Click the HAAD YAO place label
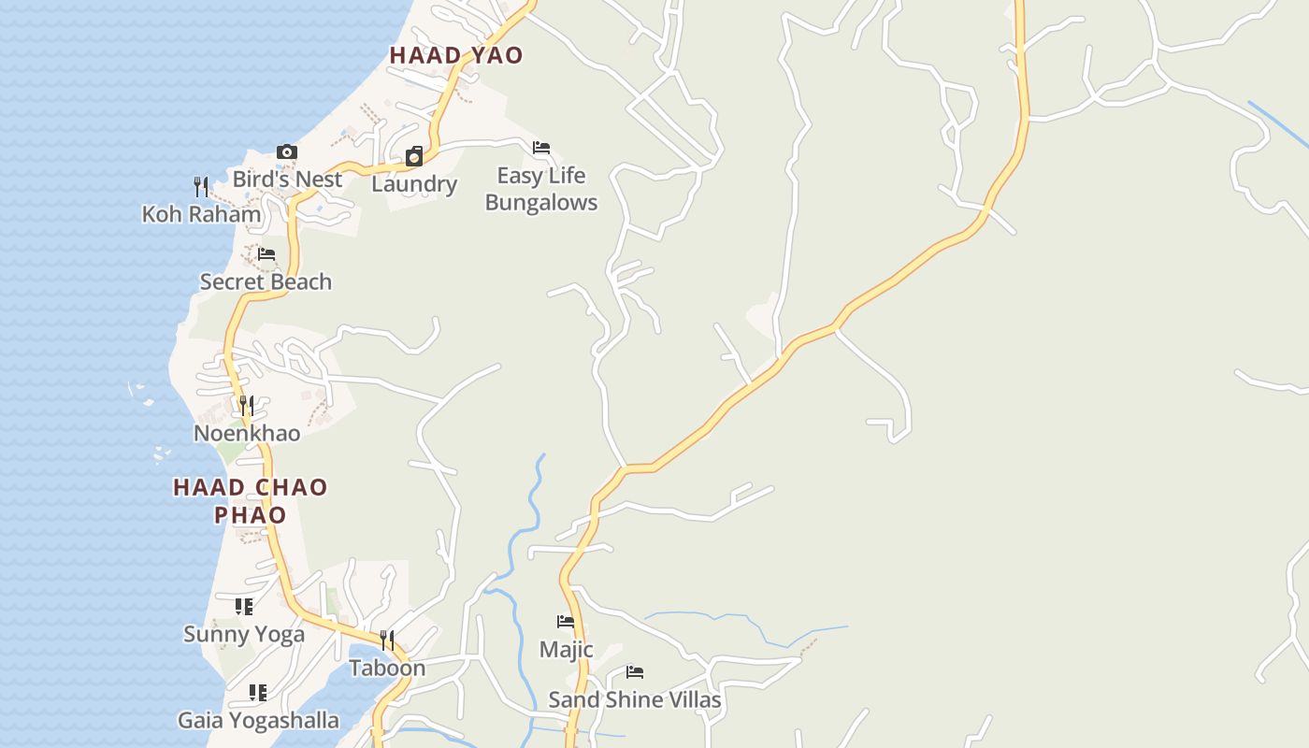456,55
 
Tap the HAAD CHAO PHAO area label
251,500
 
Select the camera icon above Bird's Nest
287,152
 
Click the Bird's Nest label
287,179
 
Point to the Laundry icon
413,156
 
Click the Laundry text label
414,184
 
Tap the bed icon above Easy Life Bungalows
540,148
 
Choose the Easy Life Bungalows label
541,189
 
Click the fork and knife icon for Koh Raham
200,187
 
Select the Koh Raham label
201,214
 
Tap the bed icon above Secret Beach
266,254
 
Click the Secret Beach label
266,281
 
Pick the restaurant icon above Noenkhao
246,406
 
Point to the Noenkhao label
247,433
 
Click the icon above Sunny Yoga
244,607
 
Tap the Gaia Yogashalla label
258,721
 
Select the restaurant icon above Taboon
386,640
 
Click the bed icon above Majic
566,622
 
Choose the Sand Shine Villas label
635,699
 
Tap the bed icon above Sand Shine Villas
635,672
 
